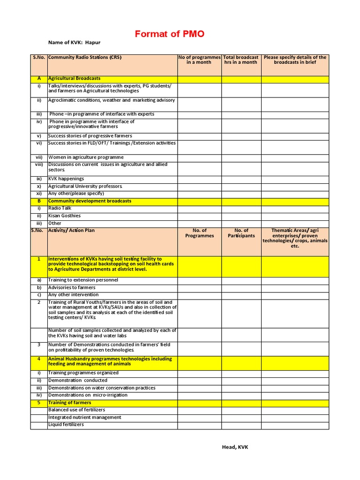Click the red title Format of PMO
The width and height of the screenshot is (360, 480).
(169, 34)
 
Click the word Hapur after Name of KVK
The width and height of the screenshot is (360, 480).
(93, 42)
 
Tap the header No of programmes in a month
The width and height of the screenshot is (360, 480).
(199, 60)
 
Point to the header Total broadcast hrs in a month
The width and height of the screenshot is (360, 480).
(241, 60)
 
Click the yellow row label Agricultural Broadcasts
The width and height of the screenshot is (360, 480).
(74, 78)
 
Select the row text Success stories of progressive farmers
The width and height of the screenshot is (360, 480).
(90, 135)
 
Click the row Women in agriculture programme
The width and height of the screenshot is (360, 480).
(86, 157)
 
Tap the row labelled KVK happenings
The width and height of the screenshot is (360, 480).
(66, 179)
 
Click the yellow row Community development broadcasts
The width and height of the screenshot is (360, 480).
(90, 201)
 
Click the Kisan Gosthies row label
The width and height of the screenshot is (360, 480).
(64, 216)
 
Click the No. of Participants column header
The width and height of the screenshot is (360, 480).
(241, 233)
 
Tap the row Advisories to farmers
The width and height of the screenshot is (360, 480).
(72, 287)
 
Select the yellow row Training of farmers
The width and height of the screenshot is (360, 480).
(69, 402)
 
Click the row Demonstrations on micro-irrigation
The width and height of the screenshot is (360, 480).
(81, 395)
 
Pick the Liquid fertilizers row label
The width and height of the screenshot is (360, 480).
(66, 424)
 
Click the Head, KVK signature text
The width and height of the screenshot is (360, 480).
(235, 447)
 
